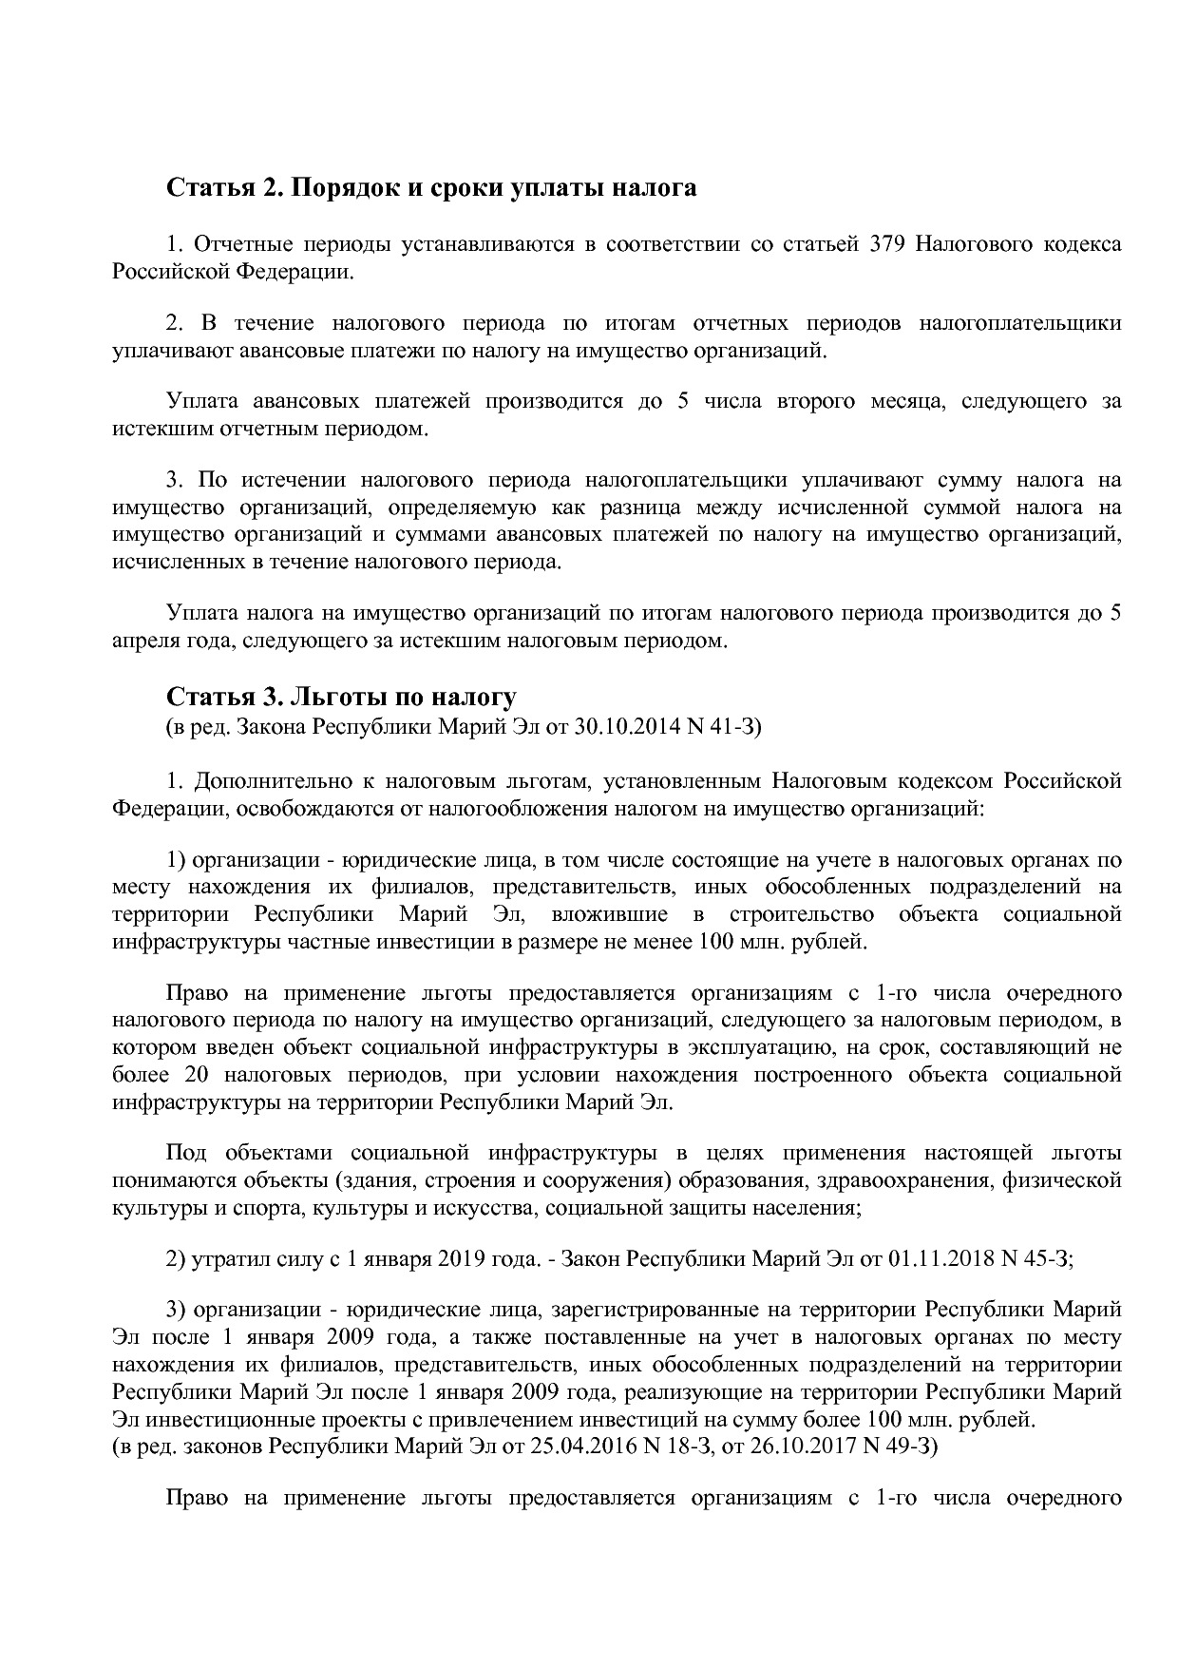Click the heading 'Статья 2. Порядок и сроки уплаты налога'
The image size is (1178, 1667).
click(431, 188)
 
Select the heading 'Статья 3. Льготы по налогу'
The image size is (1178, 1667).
click(341, 698)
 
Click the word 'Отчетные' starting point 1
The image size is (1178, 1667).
click(238, 244)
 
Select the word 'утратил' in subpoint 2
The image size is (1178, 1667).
click(224, 1259)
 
